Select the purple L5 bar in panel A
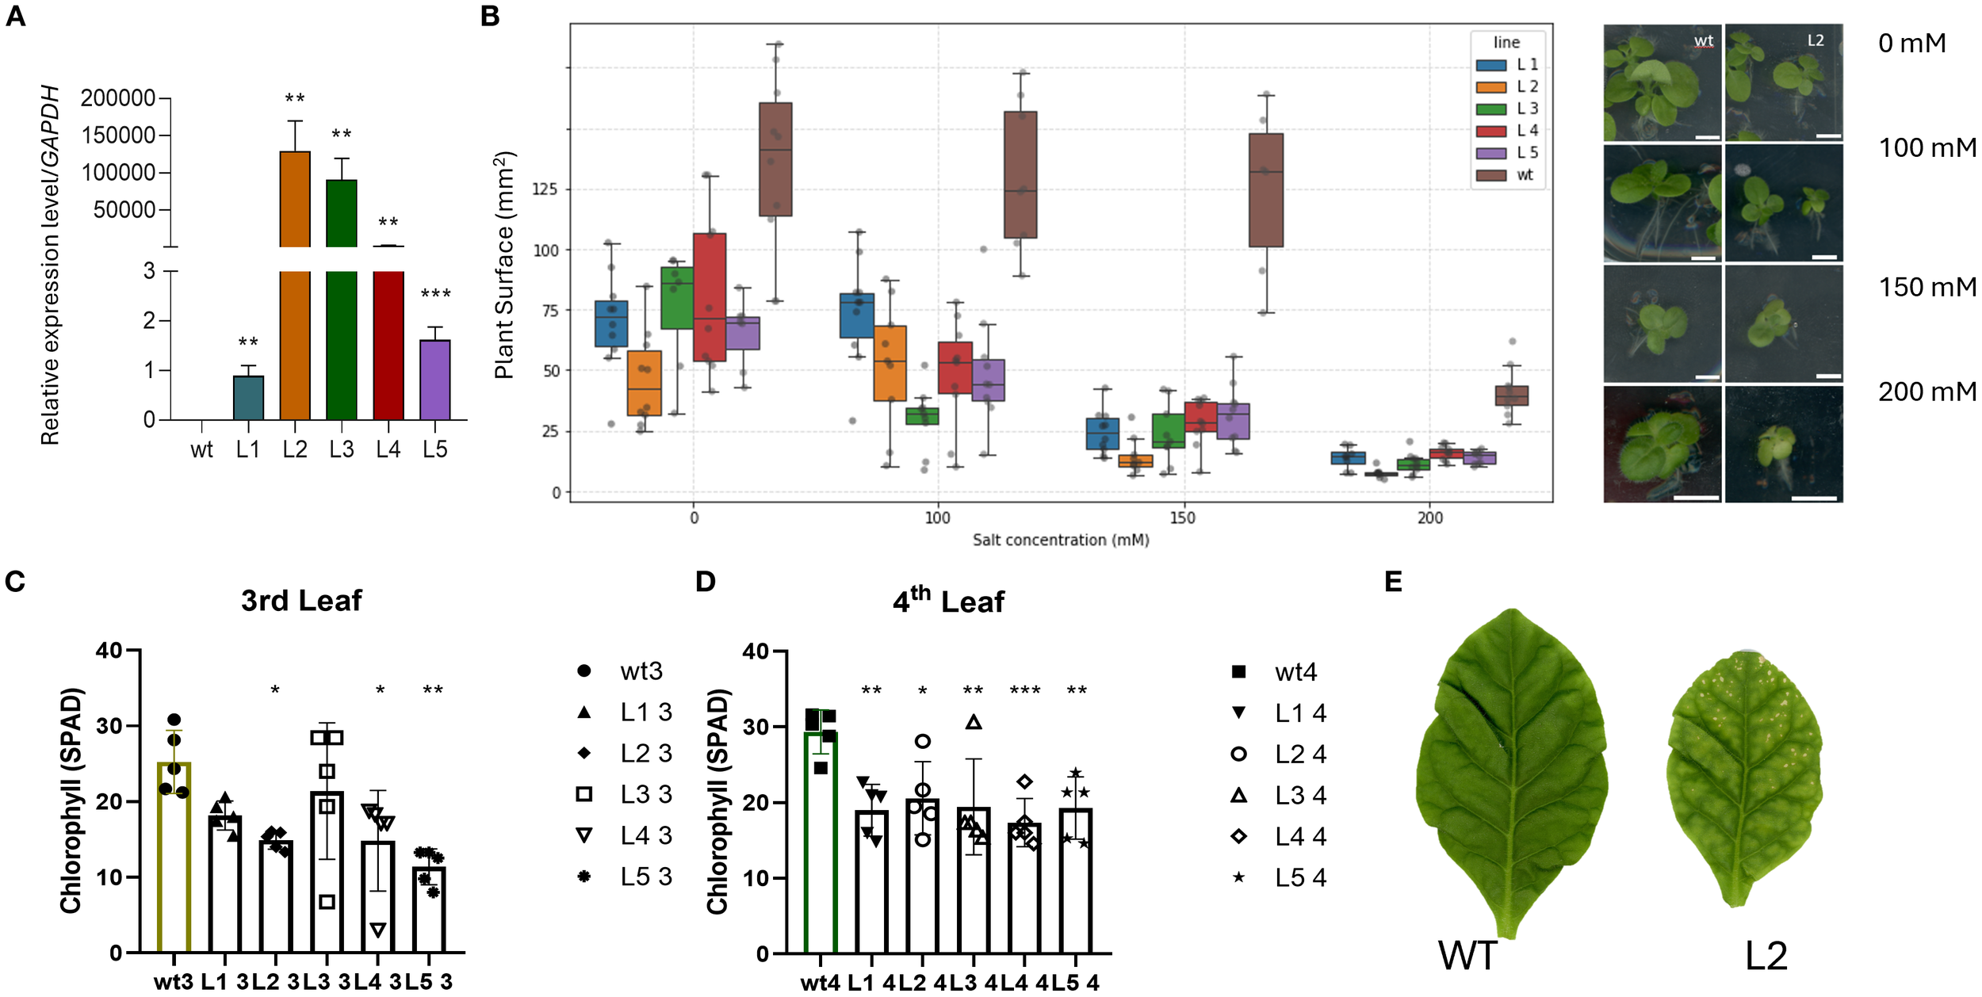[x=434, y=380]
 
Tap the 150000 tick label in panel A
[x=118, y=136]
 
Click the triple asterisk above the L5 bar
[x=435, y=295]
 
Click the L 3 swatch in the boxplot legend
[x=1490, y=109]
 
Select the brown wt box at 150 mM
[x=1265, y=190]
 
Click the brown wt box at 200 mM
[x=1511, y=395]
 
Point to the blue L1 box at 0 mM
[x=611, y=323]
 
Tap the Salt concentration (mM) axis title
[x=1060, y=540]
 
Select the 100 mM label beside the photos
[x=1927, y=147]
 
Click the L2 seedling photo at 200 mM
[x=1783, y=444]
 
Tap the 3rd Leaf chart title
[x=301, y=601]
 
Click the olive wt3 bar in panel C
[x=174, y=856]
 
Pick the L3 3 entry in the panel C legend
[x=626, y=794]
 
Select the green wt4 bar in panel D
[x=821, y=840]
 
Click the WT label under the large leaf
[x=1467, y=956]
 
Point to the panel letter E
[x=1393, y=582]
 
